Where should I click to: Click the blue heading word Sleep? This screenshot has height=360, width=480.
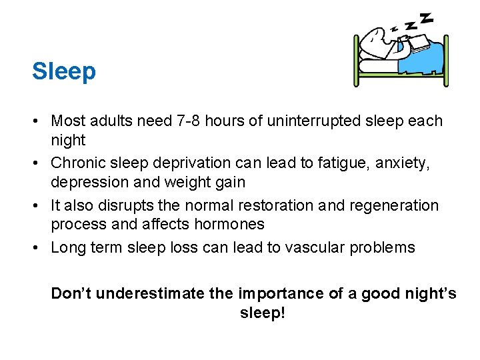[64, 71]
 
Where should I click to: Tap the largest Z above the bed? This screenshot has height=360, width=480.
[426, 17]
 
